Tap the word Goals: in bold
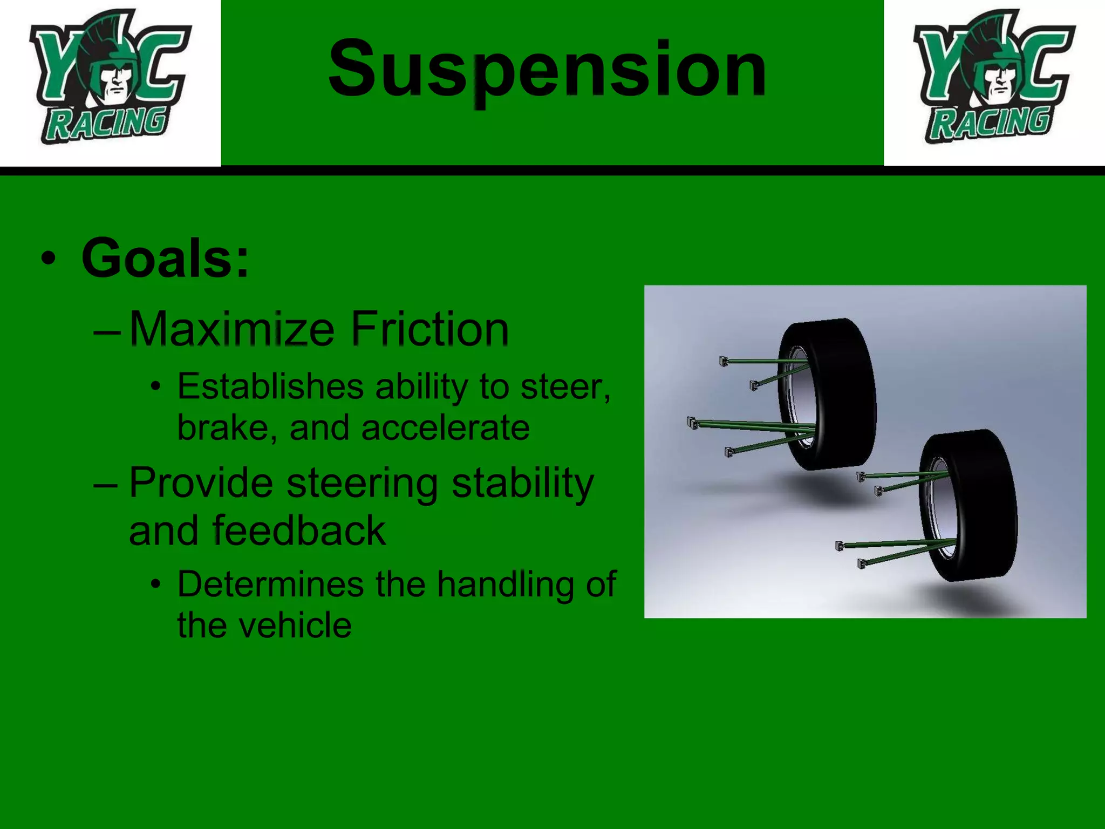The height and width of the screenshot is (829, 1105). (165, 259)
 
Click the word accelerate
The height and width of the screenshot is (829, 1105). (445, 428)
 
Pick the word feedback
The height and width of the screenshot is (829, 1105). (299, 531)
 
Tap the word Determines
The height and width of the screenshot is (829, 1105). (270, 585)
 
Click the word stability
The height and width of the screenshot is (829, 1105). (522, 483)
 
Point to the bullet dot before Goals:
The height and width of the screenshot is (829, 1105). (49, 259)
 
